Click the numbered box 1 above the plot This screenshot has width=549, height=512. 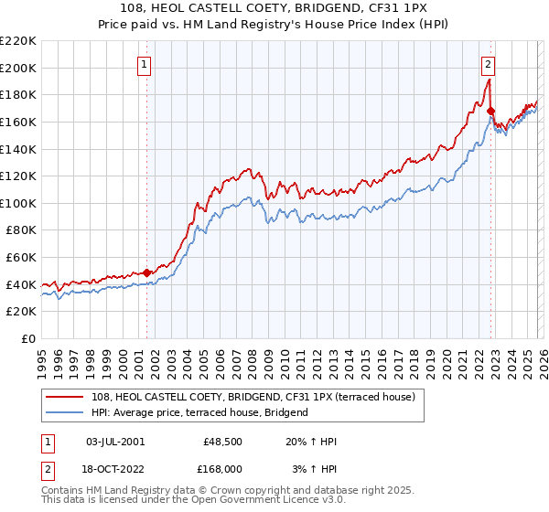[x=145, y=64]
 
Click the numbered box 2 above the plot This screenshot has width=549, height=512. [x=489, y=64]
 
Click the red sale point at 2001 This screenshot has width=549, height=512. [x=146, y=272]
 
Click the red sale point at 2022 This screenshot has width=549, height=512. [x=491, y=111]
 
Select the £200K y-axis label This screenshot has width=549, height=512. [x=18, y=68]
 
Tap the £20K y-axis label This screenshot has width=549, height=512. [x=21, y=312]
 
